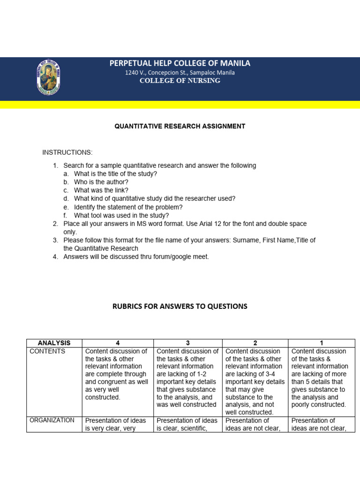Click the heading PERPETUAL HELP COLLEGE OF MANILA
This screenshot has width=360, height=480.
(x=180, y=63)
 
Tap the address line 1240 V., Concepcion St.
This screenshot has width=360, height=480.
(x=180, y=73)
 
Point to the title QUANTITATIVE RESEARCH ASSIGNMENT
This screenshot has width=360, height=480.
(x=180, y=126)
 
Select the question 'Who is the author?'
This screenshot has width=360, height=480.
(x=101, y=182)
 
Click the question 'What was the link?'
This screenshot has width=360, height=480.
(x=101, y=190)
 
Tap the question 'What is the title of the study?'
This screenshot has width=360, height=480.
(x=115, y=173)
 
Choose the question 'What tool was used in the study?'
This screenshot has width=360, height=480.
(x=121, y=216)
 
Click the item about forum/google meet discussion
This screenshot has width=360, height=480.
(x=136, y=257)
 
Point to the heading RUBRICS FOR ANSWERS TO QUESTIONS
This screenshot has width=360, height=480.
(x=180, y=307)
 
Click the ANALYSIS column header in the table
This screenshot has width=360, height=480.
(x=54, y=343)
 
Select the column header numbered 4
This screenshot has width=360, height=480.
(x=117, y=343)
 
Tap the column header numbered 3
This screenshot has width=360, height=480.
(x=187, y=343)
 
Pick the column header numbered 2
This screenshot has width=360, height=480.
(x=255, y=343)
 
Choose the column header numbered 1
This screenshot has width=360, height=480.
(x=321, y=343)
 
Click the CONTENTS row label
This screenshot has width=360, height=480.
(x=47, y=352)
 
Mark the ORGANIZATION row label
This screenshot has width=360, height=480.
(x=52, y=420)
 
